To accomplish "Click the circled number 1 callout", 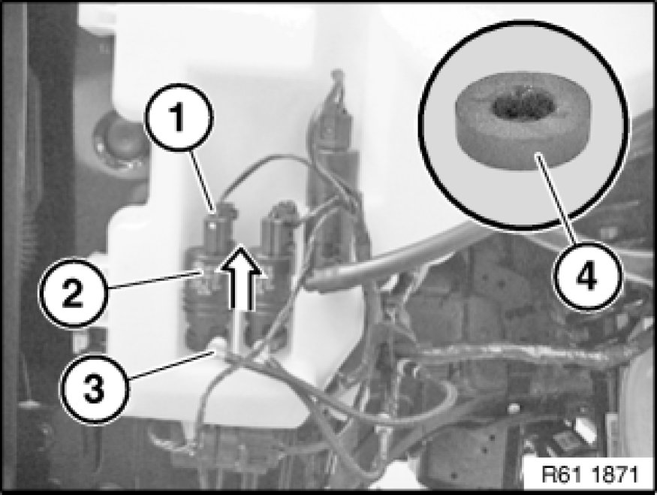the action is [x=179, y=117].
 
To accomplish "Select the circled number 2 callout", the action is [x=73, y=293].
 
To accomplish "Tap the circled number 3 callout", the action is [x=95, y=388].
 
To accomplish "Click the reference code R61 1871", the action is [x=589, y=475].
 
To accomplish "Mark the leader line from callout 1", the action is [x=203, y=180].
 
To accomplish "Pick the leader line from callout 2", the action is [x=153, y=279].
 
